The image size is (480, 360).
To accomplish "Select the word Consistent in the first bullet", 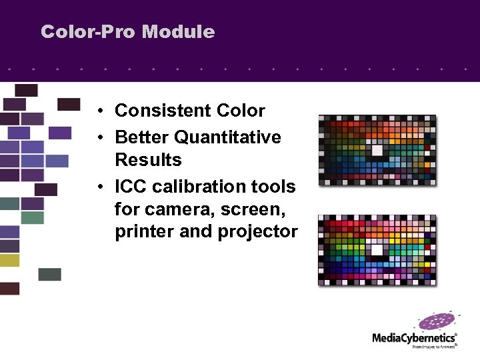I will [157, 111].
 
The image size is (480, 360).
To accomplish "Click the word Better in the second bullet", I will [141, 137].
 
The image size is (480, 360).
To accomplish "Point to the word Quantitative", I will [227, 137].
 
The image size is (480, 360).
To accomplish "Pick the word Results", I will [148, 160].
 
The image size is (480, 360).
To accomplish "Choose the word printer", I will [141, 231].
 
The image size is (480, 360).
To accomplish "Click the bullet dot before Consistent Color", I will [98, 111].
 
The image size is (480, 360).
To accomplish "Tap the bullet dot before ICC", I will [98, 187].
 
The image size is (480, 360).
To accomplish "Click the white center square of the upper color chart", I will [377, 151].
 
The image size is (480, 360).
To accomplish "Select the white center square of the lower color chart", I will [377, 250].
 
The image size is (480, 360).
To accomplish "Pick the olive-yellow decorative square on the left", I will [9, 260].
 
